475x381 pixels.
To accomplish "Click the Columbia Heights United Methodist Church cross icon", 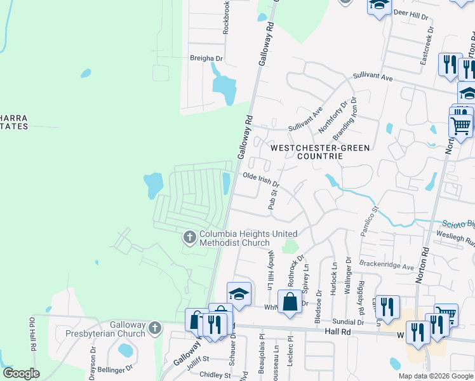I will [x=189, y=238].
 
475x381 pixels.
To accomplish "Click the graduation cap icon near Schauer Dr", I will [x=239, y=294].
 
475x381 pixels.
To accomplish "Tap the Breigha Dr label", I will [x=206, y=58].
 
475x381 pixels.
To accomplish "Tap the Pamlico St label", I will [x=370, y=221].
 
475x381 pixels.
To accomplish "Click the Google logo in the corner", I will [x=21, y=373].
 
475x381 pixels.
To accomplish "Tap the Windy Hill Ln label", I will [x=271, y=269].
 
